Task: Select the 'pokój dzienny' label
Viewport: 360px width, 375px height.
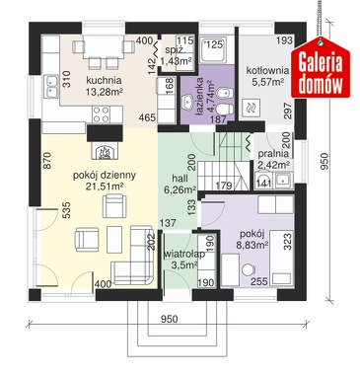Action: coord(105,176)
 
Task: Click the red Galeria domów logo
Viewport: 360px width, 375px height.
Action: coord(321,70)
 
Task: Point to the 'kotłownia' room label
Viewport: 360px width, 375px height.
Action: coord(268,71)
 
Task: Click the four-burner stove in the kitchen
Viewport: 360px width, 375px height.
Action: coord(101,114)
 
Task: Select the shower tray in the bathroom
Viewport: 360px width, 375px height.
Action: coord(213,49)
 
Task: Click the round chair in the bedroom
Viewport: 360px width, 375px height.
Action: coord(248,269)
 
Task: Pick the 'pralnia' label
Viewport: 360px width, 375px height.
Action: coord(273,154)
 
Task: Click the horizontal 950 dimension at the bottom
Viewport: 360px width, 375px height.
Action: coord(170,319)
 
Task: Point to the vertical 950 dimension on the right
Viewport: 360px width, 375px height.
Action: coord(324,161)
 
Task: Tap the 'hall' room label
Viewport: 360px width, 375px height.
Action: coord(180,179)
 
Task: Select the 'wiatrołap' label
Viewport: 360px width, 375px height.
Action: coord(184,254)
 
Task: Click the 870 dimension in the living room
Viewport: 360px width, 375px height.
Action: coord(47,160)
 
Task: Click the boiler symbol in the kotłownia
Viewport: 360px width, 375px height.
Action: coord(252,108)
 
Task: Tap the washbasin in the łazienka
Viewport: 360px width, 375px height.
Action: coord(188,102)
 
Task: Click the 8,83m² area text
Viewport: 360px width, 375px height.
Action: coord(252,245)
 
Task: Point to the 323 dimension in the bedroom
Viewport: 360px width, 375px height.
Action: coord(287,242)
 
